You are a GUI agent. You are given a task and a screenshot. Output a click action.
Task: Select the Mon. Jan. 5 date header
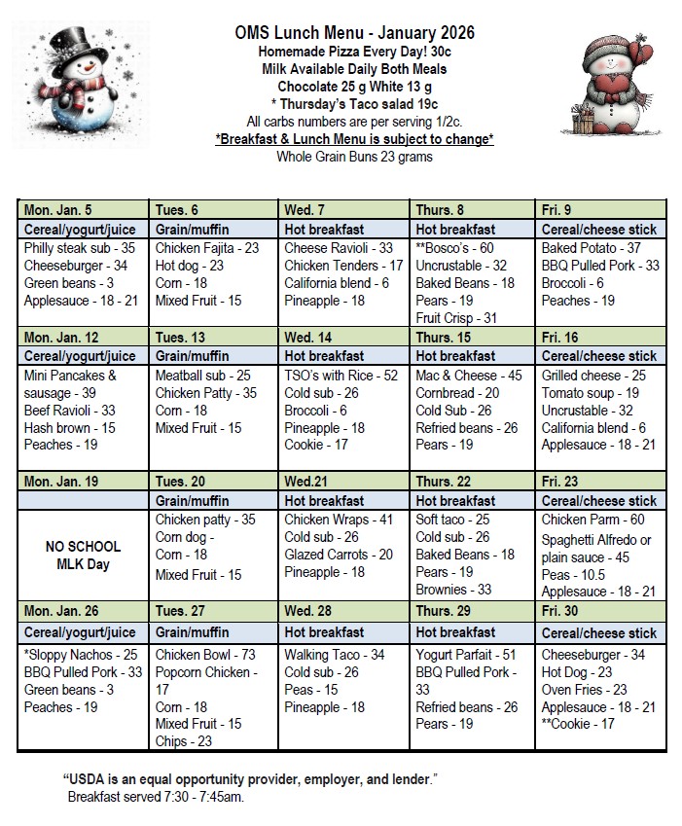tap(59, 210)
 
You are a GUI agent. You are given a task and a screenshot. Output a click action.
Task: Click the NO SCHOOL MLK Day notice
tap(83, 555)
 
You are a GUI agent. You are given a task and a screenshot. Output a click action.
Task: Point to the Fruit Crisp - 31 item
tap(456, 318)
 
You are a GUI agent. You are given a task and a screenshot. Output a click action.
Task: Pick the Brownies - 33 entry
tap(453, 590)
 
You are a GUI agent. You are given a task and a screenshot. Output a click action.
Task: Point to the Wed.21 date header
tap(306, 481)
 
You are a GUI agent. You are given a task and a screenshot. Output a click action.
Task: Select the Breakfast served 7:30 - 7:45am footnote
tap(157, 797)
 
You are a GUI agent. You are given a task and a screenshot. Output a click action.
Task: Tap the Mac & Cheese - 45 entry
tap(469, 375)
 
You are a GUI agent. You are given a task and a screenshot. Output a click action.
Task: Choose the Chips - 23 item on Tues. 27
tap(185, 741)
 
